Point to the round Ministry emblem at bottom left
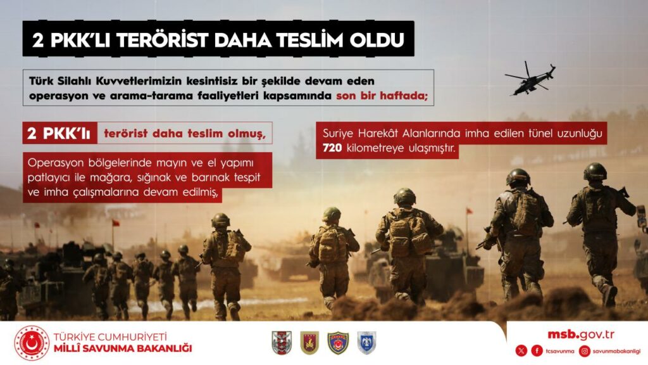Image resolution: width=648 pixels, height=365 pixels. (x=32, y=343)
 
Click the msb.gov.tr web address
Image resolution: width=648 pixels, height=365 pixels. (x=581, y=335)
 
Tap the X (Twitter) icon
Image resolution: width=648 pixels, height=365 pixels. (x=521, y=351)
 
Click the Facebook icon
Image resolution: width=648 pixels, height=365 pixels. (x=537, y=351)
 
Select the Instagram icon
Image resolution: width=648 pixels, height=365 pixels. (x=585, y=351)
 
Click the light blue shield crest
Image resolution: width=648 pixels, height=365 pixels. (x=366, y=343)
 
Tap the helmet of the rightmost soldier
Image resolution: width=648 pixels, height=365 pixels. (x=595, y=171)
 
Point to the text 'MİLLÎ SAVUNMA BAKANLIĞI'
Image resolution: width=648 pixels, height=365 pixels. (x=123, y=349)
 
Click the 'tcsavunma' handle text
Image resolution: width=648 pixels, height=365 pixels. (x=558, y=351)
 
